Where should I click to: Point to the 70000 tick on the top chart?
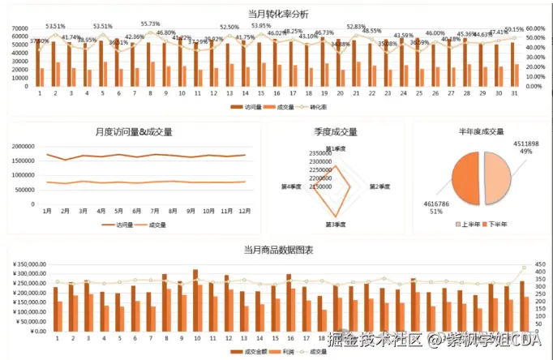click(x=20, y=28)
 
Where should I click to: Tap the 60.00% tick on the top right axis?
click(x=534, y=28)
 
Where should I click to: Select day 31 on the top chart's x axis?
click(x=513, y=93)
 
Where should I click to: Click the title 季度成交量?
click(x=337, y=131)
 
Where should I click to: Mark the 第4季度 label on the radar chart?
click(x=292, y=186)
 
